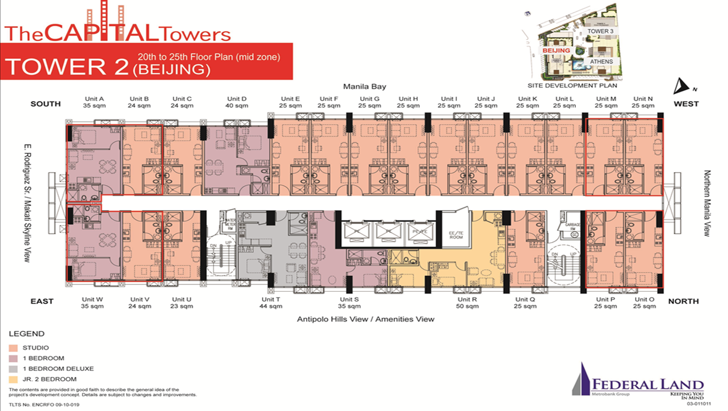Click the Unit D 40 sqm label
point(237,102)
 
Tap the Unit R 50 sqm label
point(467,303)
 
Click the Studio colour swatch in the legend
point(12,348)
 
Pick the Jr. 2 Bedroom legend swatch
point(12,379)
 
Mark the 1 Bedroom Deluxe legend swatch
point(12,369)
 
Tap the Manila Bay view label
point(364,86)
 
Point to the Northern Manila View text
point(707,203)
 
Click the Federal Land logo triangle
point(582,379)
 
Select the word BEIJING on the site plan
point(556,50)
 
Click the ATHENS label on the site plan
point(601,61)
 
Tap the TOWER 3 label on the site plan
point(600,31)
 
